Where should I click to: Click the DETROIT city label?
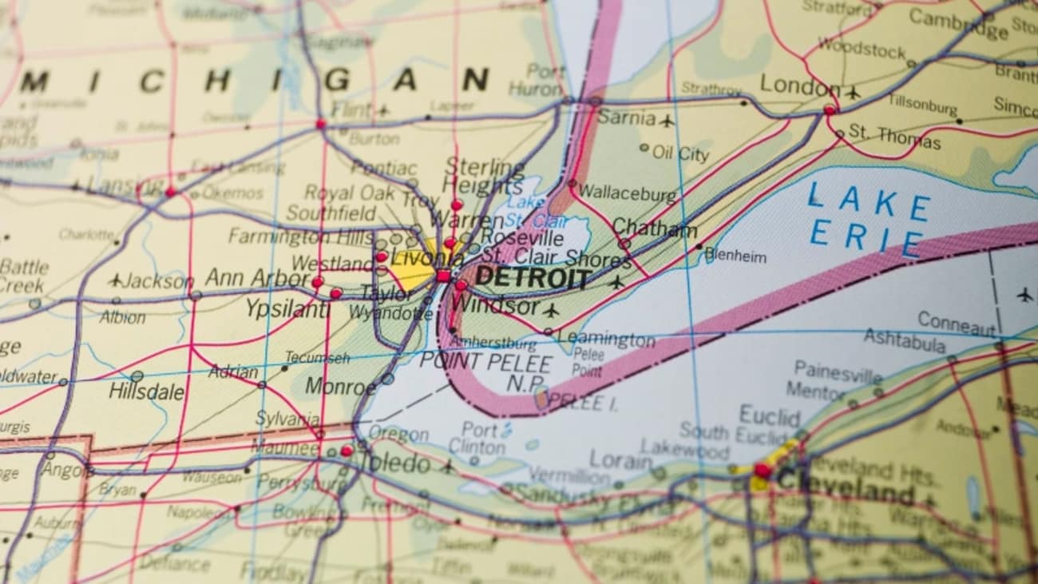coord(533,279)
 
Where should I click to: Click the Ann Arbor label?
coord(257,279)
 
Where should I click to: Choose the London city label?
coord(799,85)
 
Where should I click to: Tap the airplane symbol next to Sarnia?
coord(667,121)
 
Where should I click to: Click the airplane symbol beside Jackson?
coord(116,280)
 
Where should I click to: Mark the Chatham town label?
coord(655,228)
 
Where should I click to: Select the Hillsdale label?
coord(146,392)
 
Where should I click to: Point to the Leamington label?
coord(607,340)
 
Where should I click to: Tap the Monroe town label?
coord(340,387)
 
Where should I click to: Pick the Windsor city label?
coord(495,306)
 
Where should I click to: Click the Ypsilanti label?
coord(287,308)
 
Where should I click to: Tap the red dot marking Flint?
coord(321,124)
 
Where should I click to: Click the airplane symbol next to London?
coord(852,93)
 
